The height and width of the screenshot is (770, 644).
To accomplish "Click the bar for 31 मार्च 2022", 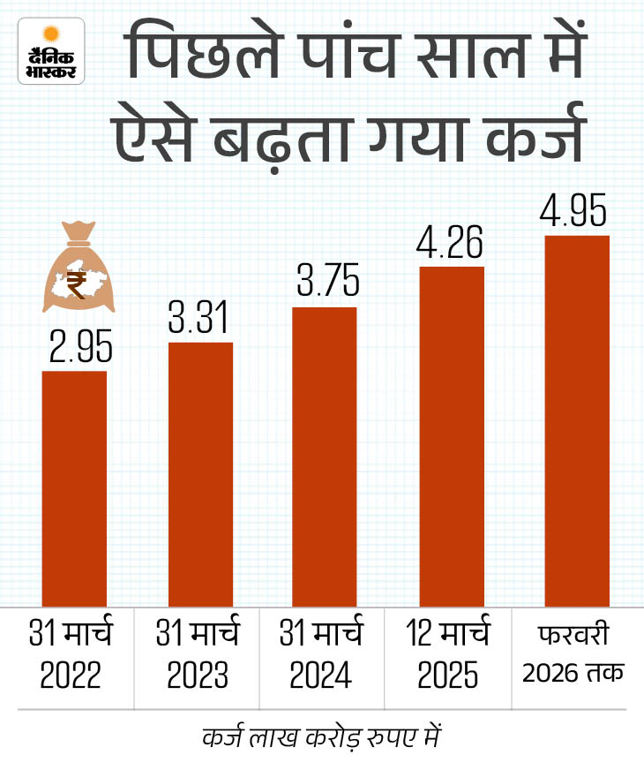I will click(x=75, y=488).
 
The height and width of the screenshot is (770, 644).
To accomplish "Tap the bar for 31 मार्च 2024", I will click(x=325, y=457).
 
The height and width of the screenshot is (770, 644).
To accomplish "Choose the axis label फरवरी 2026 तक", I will click(x=573, y=654).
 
